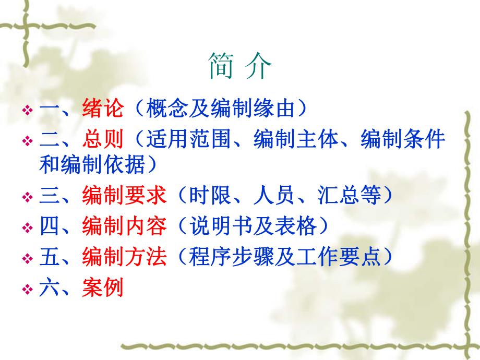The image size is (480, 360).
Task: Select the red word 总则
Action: tap(103, 139)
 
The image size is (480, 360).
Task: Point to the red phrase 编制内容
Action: tap(124, 226)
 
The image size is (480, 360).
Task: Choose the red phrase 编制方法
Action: tap(124, 257)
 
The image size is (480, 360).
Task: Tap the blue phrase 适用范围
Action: tap(188, 139)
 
